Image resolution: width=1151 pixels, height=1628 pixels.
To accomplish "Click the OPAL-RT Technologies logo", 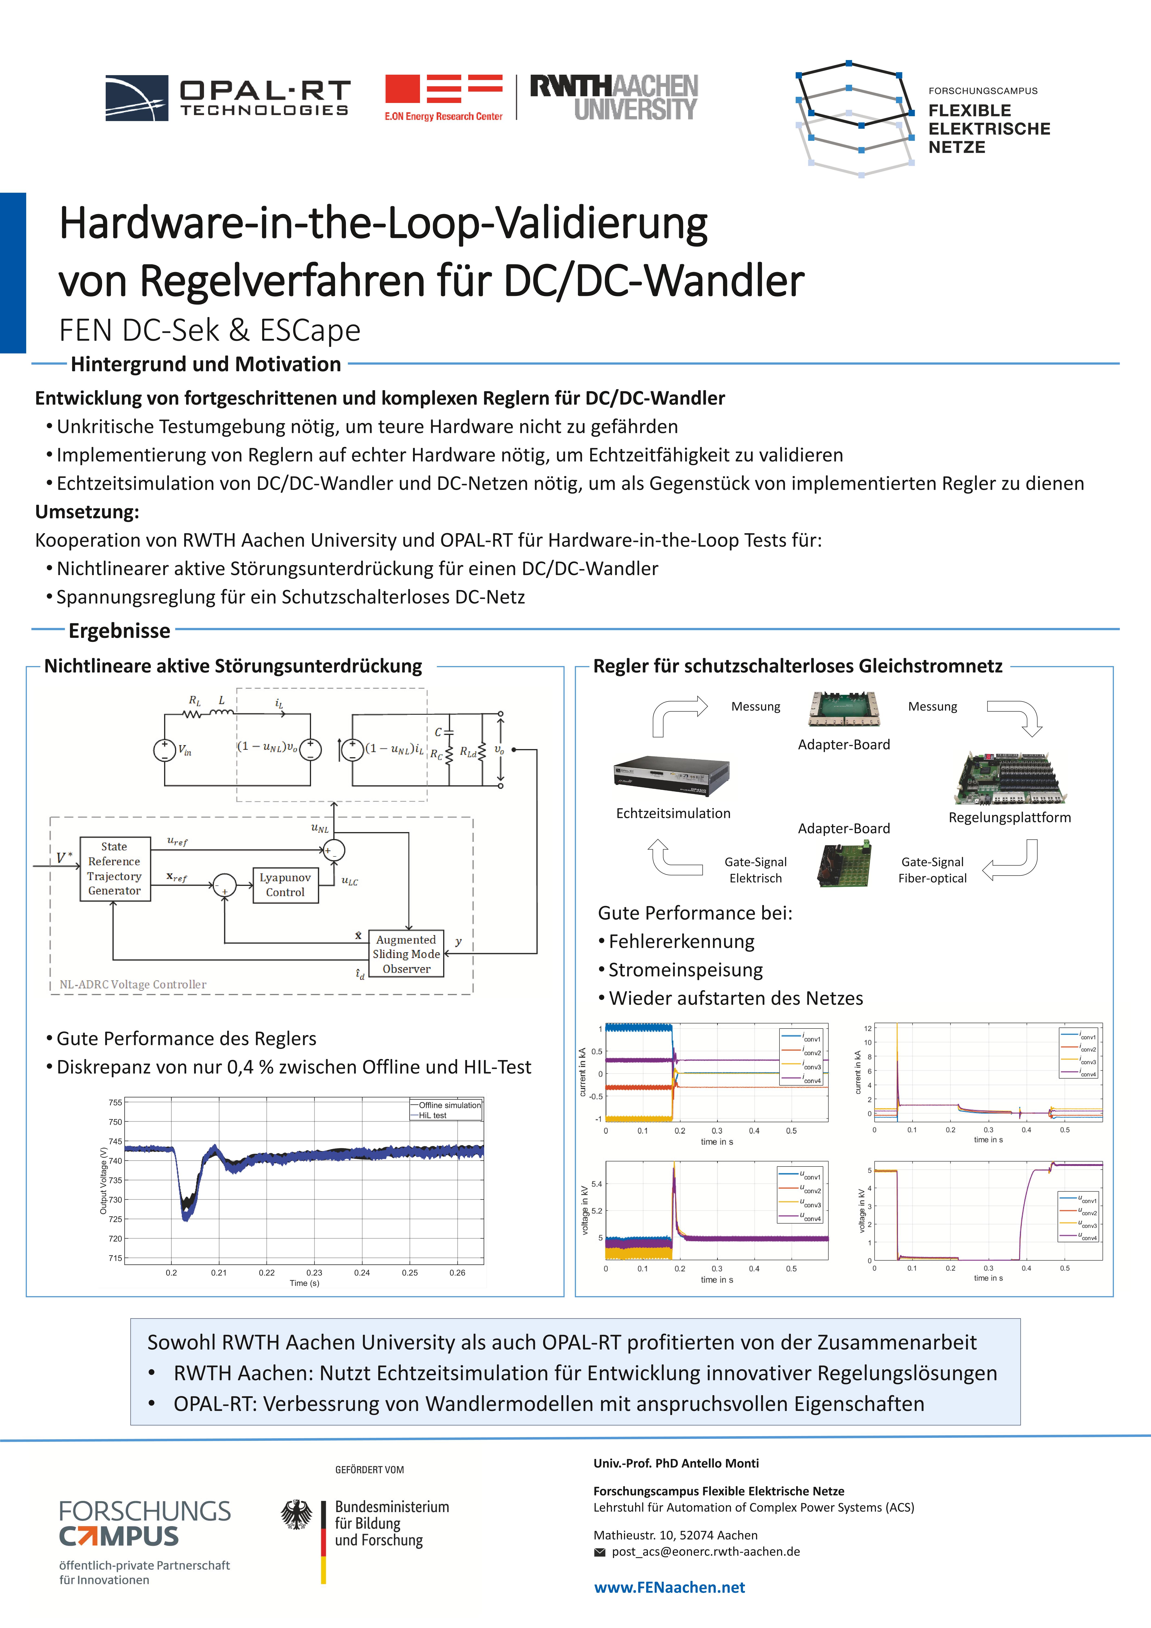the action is [x=227, y=98].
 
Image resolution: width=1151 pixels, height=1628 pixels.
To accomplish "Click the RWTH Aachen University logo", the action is [x=614, y=97].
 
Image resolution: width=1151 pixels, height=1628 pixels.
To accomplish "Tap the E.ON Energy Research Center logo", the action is [x=444, y=97].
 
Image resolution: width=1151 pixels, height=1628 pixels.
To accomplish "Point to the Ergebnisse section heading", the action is [x=119, y=630].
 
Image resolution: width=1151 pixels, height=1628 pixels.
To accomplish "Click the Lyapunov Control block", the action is [x=285, y=885].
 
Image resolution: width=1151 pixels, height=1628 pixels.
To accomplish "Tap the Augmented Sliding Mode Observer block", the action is [x=406, y=954].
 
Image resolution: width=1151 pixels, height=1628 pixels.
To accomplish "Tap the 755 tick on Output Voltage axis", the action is [x=115, y=1102].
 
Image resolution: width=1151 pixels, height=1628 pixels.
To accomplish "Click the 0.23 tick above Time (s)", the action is [x=314, y=1273].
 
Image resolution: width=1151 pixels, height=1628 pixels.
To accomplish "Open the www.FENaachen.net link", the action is [x=669, y=1588].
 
